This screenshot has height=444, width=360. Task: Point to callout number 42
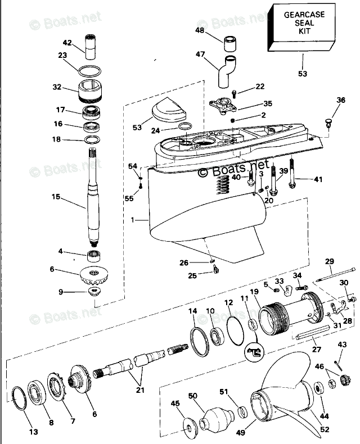(67, 43)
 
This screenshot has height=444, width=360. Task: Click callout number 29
(330, 261)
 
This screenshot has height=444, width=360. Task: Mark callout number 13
(34, 432)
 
